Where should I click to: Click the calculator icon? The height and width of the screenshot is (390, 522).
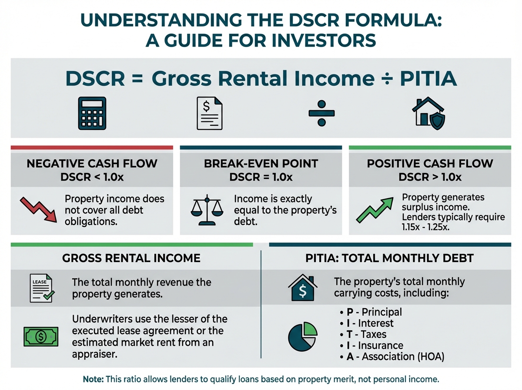92,113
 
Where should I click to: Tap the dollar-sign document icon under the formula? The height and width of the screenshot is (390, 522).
210,113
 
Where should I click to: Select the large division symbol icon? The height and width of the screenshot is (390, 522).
321,113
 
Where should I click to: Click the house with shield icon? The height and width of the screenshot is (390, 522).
428,113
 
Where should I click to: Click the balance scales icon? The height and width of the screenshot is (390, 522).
207,210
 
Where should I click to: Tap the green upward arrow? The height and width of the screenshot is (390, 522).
375,210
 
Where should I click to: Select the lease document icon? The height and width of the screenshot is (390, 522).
42,288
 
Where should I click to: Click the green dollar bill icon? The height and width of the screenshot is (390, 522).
41,336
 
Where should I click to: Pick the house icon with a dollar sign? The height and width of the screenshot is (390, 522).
302,287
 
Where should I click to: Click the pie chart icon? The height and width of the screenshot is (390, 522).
302,336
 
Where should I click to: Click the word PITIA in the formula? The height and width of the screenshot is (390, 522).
428,78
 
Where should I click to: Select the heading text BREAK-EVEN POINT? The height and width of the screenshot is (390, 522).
261,164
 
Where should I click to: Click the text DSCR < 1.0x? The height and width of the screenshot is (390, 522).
92,177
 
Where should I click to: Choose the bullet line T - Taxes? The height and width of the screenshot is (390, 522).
363,334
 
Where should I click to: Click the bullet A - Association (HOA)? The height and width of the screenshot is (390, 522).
392,356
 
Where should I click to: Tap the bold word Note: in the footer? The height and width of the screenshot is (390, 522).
93,379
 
